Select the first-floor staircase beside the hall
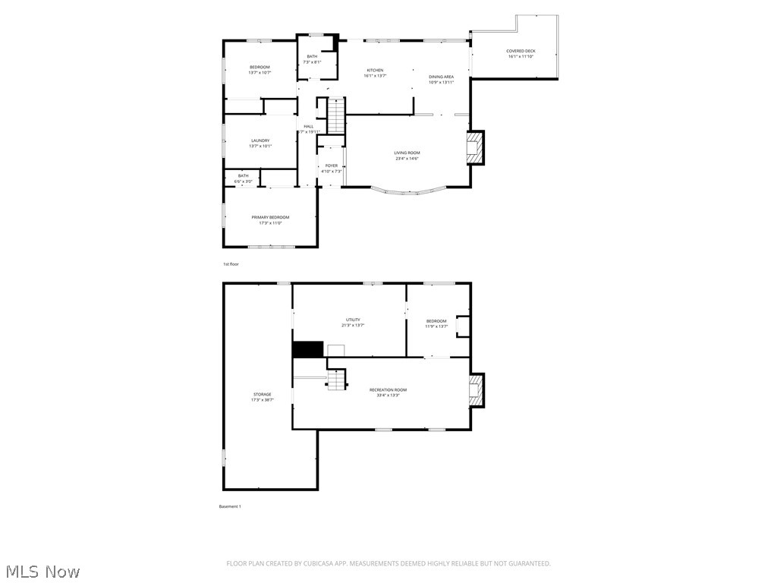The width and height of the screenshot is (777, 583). pos(336,116)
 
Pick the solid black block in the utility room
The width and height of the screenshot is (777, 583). pos(308,349)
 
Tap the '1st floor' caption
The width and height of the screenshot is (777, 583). pos(231,264)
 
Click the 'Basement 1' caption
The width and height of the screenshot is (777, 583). pos(230,506)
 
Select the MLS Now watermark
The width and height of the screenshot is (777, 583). pos(42,571)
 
